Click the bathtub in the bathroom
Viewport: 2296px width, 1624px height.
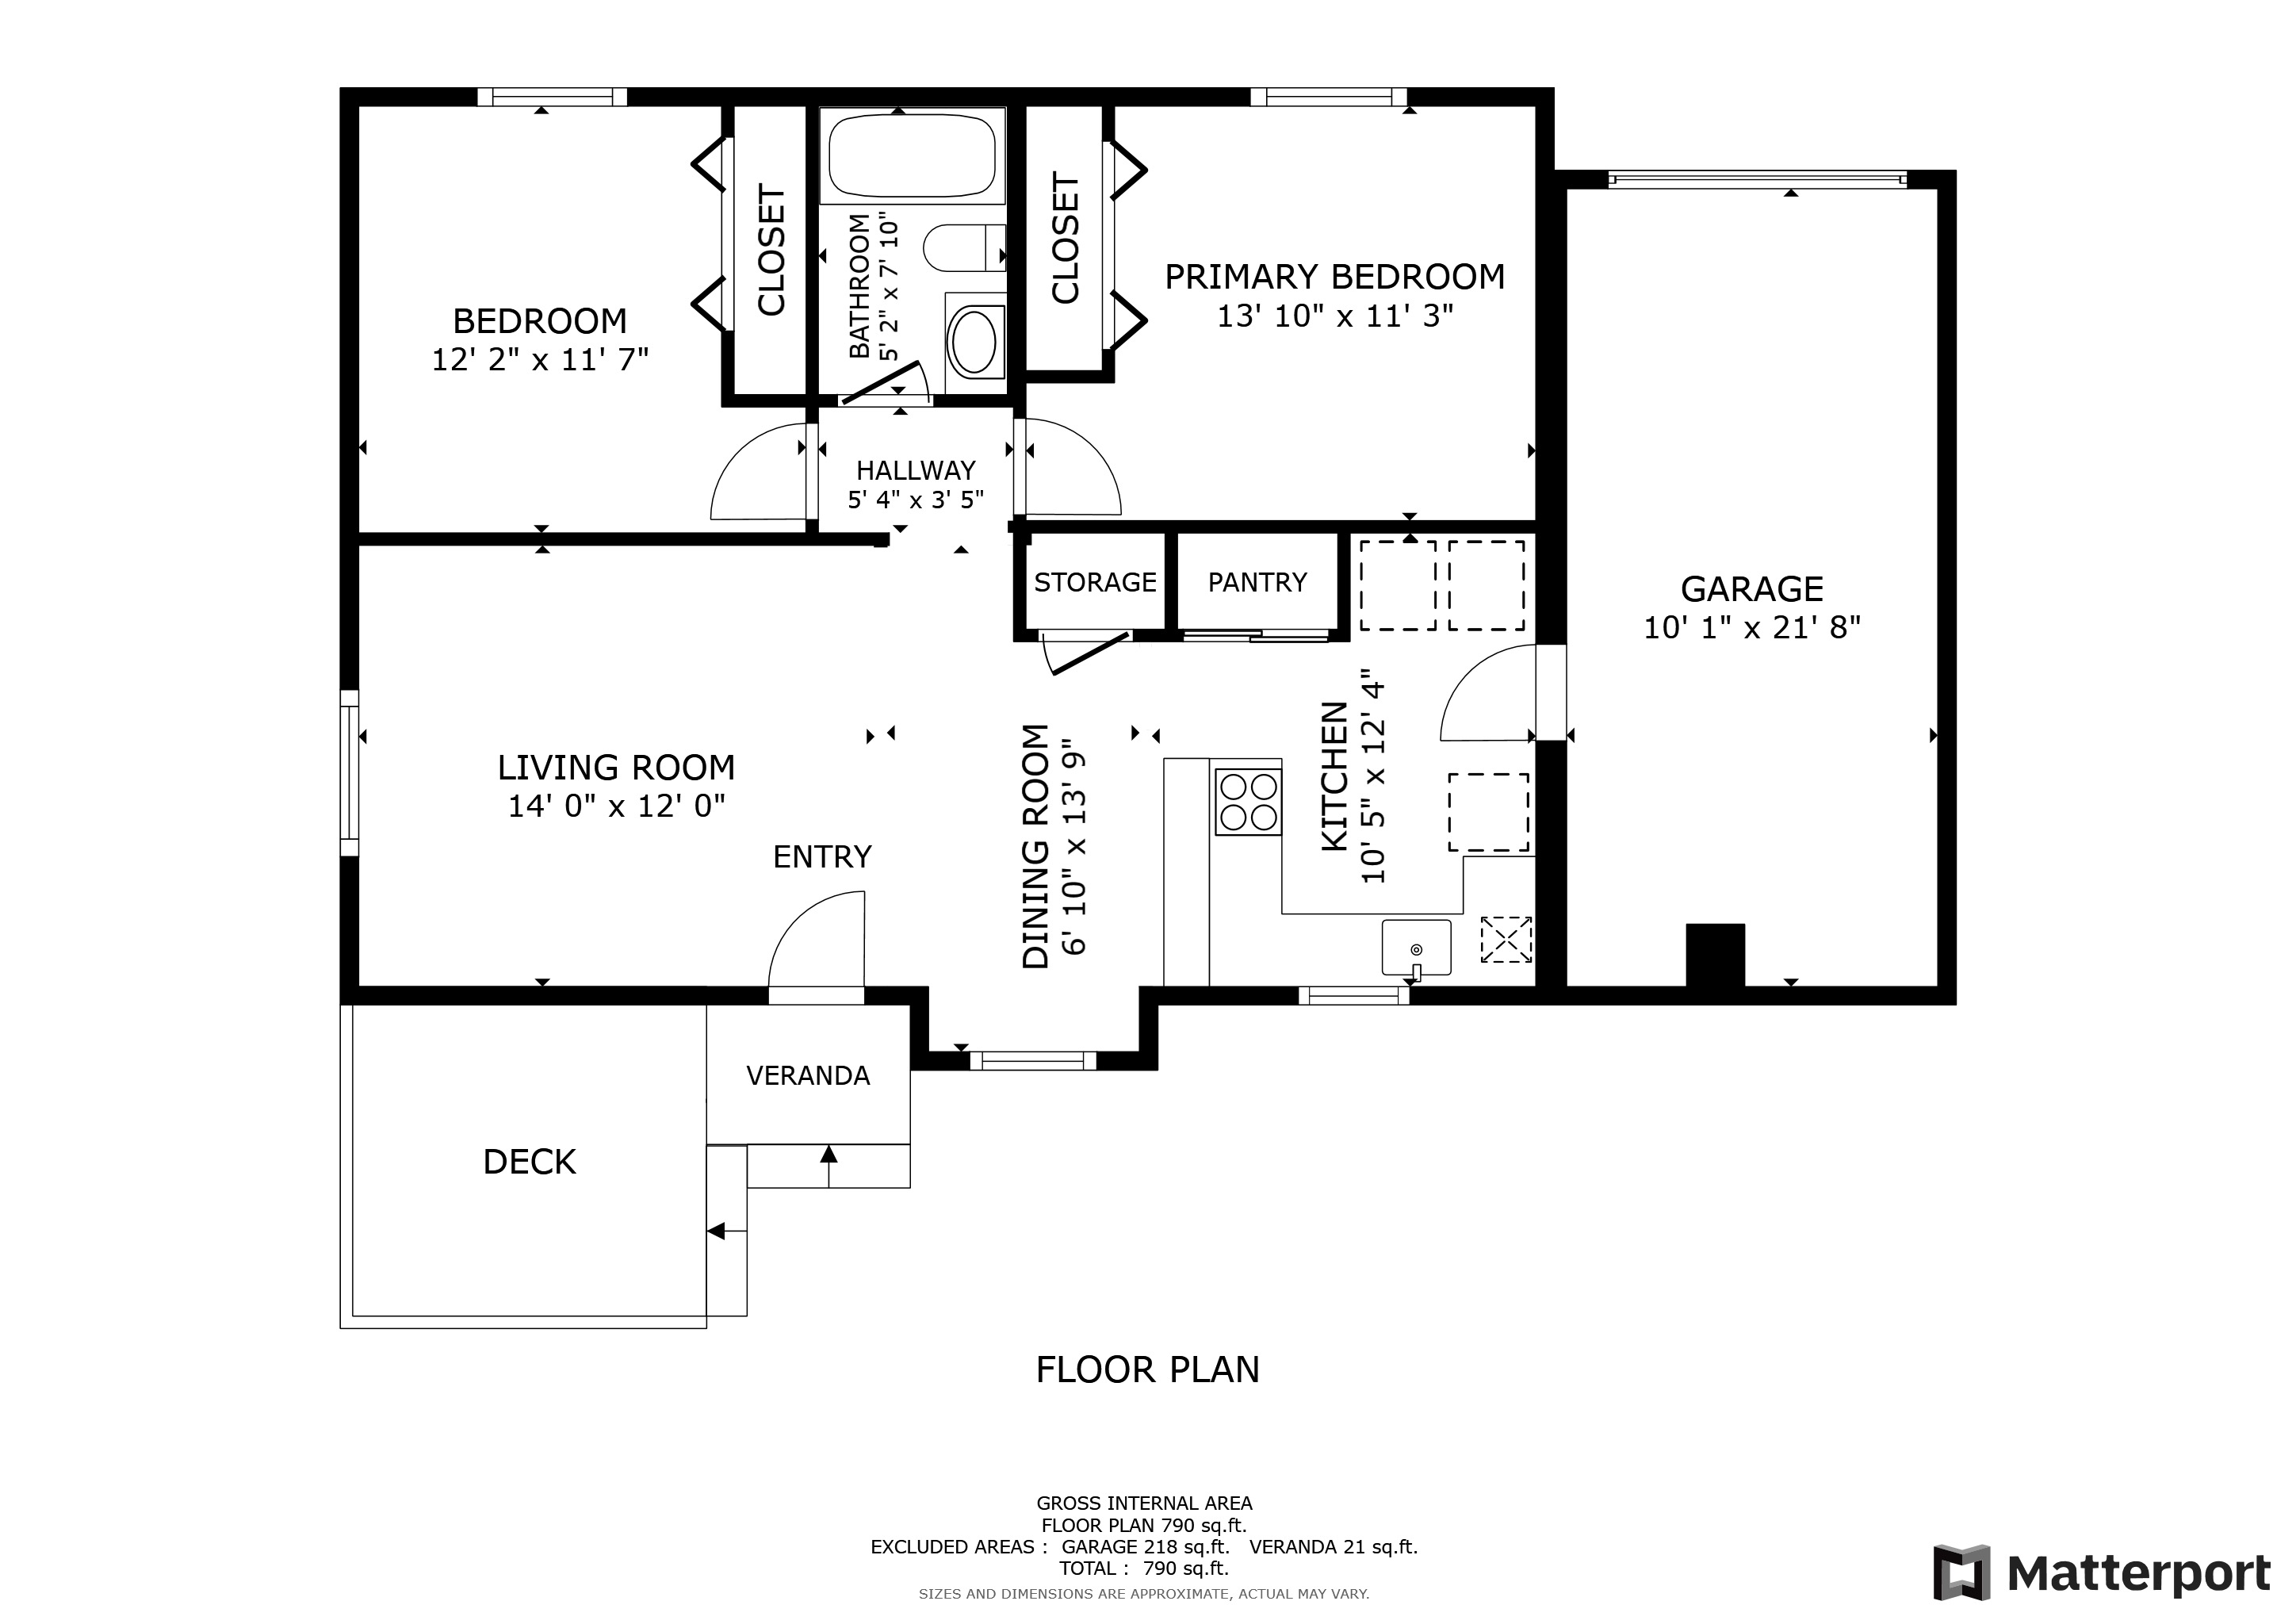point(912,155)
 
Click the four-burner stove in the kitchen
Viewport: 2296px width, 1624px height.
point(1248,802)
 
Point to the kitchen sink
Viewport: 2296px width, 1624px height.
point(1416,947)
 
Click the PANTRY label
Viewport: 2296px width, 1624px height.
point(1257,582)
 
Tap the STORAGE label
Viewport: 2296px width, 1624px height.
point(1095,582)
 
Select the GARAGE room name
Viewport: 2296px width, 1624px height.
point(1752,588)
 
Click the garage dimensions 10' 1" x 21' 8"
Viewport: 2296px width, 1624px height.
point(1752,628)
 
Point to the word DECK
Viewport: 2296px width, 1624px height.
point(530,1161)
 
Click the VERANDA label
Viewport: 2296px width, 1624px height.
point(808,1075)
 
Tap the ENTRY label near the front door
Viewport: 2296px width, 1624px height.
point(822,857)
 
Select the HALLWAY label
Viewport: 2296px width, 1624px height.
point(915,470)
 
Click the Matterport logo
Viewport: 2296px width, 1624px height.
point(2101,1573)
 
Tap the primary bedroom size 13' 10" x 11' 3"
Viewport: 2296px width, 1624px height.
point(1335,316)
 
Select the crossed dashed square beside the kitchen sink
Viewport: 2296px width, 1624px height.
point(1506,939)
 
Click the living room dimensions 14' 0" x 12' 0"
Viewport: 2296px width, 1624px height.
point(616,806)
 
